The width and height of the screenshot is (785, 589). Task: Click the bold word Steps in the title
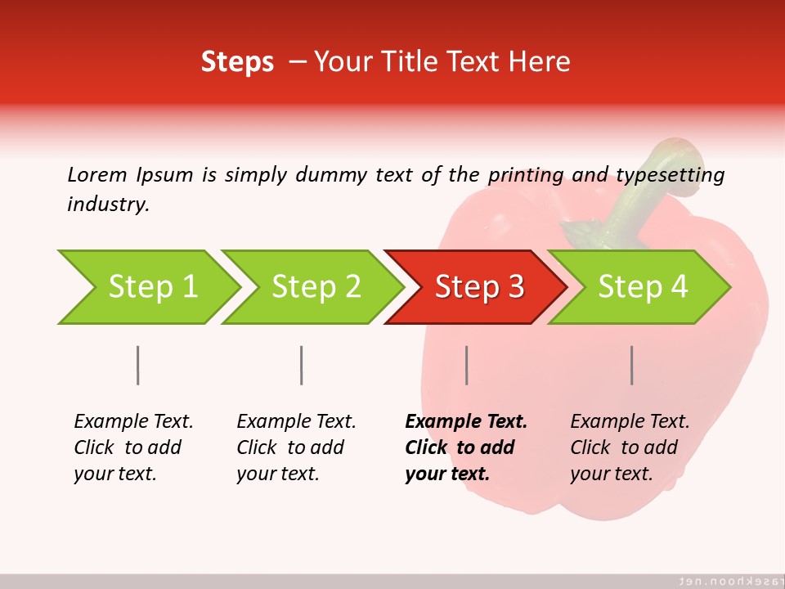pos(237,62)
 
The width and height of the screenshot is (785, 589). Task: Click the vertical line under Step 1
pos(137,365)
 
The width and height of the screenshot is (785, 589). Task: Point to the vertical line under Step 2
pos(302,365)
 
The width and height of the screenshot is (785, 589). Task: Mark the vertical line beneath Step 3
pos(466,365)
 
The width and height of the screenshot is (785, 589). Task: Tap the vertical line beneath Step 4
pos(631,365)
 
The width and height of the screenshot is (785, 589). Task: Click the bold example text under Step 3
pos(465,447)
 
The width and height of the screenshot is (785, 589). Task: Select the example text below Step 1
pos(133,447)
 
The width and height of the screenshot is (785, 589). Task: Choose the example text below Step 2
pos(296,447)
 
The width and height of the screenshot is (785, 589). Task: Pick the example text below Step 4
pos(630,447)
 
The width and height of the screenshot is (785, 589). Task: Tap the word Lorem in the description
pos(97,174)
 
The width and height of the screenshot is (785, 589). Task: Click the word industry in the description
pos(107,205)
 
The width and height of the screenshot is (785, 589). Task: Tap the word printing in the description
pos(525,175)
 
